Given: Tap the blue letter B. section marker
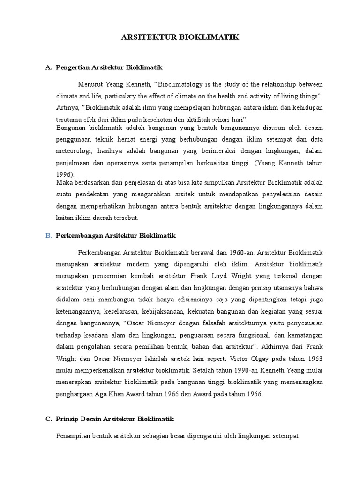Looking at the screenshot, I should tap(49, 235).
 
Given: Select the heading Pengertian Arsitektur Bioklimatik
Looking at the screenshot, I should tap(109, 67).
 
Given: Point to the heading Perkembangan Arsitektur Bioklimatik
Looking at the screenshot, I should tap(115, 235).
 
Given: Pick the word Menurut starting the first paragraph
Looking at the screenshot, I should tap(90, 84).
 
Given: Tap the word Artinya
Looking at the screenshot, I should tap(68, 107).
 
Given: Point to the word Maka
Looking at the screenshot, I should tap(64, 182).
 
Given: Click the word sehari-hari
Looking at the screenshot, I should tap(227, 119).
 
